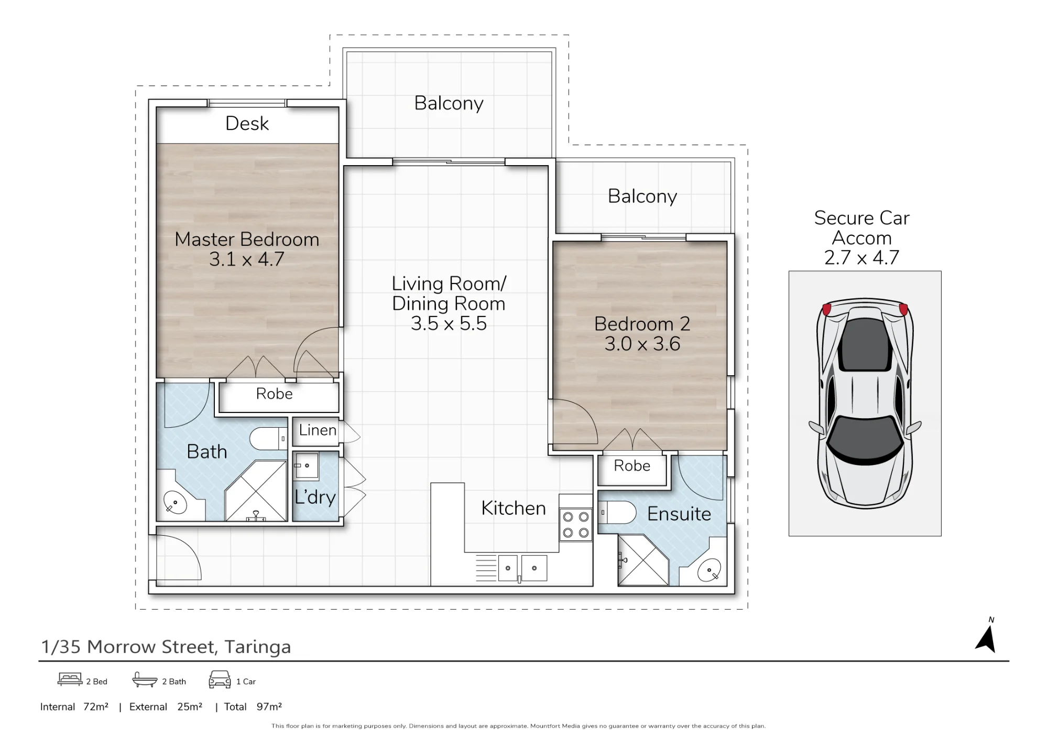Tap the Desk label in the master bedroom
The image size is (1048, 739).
[x=247, y=124]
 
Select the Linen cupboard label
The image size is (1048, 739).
[x=318, y=430]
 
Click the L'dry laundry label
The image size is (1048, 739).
[x=315, y=497]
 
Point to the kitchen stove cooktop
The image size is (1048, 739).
[x=576, y=525]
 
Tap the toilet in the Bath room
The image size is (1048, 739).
[x=268, y=438]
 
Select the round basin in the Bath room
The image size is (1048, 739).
[x=175, y=503]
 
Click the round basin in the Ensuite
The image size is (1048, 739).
[x=709, y=570]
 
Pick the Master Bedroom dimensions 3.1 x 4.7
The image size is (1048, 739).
[x=247, y=259]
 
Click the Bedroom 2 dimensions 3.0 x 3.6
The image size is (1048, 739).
[x=642, y=344]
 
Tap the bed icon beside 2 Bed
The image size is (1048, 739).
[x=70, y=679]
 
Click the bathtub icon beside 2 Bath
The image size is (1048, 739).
[x=145, y=680]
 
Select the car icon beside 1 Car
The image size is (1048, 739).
[x=220, y=680]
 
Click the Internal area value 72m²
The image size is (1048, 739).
[x=96, y=707]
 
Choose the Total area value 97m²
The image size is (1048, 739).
[x=269, y=707]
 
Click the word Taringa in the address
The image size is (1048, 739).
[x=258, y=647]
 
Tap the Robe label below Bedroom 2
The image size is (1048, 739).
[x=632, y=466]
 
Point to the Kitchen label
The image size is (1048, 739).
[x=514, y=508]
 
